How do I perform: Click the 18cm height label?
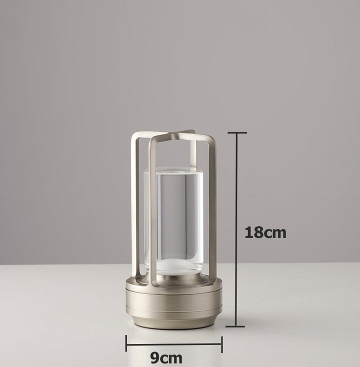click(265, 232)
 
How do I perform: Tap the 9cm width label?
click(166, 358)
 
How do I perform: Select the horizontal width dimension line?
click(173, 343)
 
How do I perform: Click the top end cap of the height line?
click(237, 133)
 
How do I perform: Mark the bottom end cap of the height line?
click(235, 326)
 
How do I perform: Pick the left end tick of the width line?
click(126, 343)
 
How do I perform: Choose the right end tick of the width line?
click(221, 343)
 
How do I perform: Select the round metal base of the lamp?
click(173, 302)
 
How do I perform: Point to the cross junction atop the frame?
click(172, 135)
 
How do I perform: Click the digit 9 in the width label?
click(155, 358)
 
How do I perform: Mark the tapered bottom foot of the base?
click(173, 322)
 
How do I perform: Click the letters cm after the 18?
click(275, 233)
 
